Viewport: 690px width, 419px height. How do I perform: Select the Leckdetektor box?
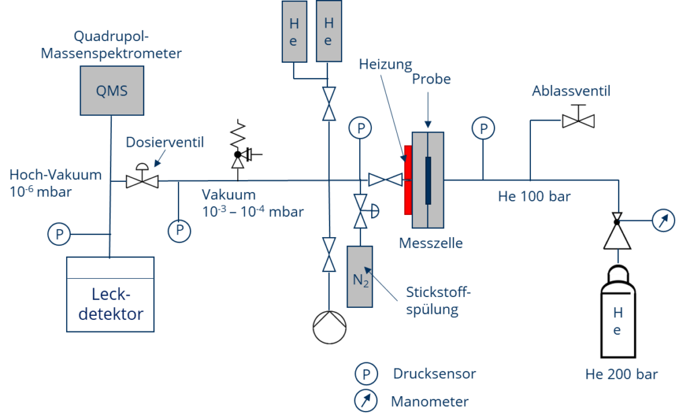tap(111, 295)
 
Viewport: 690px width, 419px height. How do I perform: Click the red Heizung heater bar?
tap(407, 179)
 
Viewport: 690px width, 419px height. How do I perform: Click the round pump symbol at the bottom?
tap(329, 328)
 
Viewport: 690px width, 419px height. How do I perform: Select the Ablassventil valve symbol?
tap(578, 121)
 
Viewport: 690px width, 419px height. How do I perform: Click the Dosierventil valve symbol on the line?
tap(142, 181)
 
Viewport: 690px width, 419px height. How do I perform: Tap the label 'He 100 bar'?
tap(534, 197)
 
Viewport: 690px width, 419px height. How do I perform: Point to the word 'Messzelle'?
tap(431, 243)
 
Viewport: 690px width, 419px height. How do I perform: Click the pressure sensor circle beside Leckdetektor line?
tap(60, 234)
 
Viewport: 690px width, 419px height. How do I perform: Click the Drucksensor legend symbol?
tap(367, 373)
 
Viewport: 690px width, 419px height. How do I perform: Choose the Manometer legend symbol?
tap(367, 401)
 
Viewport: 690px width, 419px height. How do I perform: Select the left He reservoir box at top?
tap(294, 32)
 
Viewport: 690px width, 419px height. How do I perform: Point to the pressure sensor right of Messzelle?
tap(482, 126)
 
